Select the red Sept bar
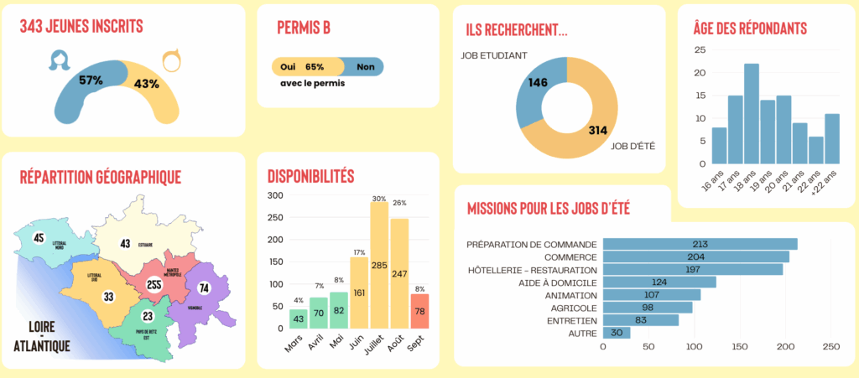tap(420, 311)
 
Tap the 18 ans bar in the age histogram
tap(751, 114)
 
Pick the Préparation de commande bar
tap(700, 244)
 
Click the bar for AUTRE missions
tap(617, 333)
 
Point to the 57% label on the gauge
tap(91, 80)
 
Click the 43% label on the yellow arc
tap(147, 83)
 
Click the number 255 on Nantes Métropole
tap(154, 284)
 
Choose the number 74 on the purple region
tap(203, 288)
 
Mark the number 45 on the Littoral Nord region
tap(38, 237)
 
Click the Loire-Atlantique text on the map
tap(42, 335)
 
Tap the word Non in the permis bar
tap(365, 67)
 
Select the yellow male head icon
tap(171, 60)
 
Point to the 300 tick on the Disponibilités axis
tap(274, 195)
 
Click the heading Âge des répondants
tap(750, 28)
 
